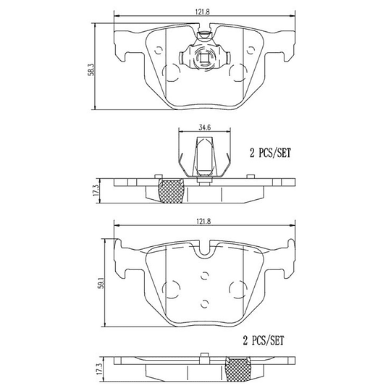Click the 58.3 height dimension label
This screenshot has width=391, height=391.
pos(90,68)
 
